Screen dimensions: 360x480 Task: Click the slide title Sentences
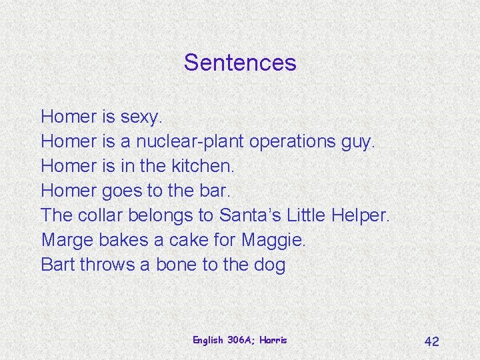tap(240, 63)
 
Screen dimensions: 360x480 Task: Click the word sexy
tap(141, 117)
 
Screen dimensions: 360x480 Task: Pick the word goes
tap(122, 191)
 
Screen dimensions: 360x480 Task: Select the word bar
tap(215, 191)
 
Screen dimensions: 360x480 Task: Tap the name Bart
tap(57, 265)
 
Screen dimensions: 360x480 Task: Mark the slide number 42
tap(432, 341)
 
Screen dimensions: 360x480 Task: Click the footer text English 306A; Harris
tap(240, 340)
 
